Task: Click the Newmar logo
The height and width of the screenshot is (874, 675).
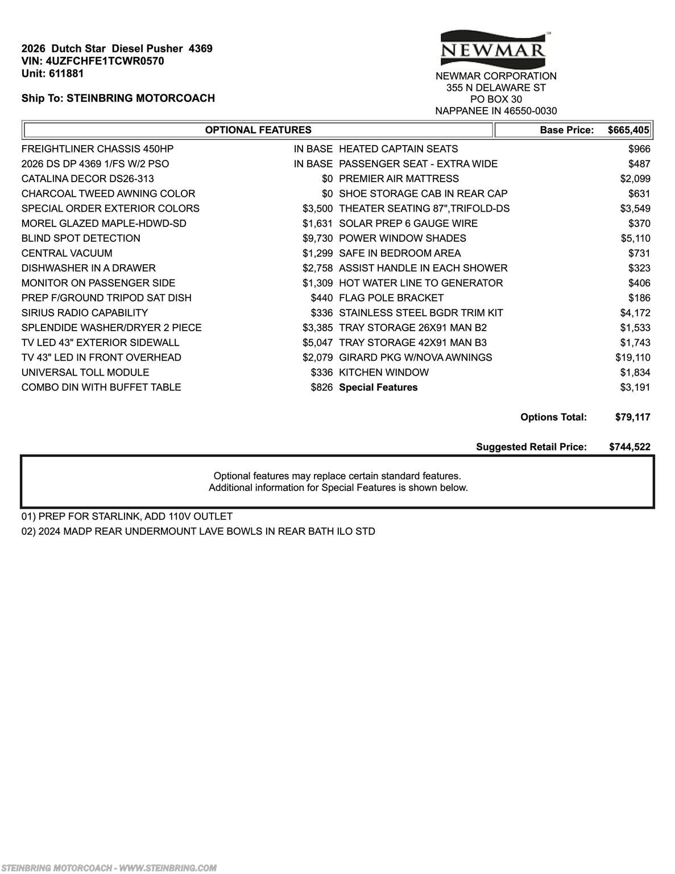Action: pos(493,48)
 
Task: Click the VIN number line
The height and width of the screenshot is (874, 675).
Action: pos(93,61)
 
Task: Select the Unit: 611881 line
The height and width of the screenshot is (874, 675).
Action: pos(52,73)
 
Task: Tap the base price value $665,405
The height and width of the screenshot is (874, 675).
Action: pos(628,130)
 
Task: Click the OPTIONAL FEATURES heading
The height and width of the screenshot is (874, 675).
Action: pos(258,130)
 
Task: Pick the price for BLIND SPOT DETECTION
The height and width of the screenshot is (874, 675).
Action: pos(317,238)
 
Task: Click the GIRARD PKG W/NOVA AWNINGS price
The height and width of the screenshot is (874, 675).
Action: pos(632,357)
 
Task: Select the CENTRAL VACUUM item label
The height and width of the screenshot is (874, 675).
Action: pos(67,253)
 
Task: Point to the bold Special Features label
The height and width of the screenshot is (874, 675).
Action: pos(378,387)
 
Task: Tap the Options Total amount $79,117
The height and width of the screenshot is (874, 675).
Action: pos(632,417)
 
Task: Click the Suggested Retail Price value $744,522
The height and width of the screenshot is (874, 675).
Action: pos(630,447)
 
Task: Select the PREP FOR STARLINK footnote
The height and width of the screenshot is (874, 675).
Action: pos(127,517)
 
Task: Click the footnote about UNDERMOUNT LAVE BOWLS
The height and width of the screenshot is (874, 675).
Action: pos(198,531)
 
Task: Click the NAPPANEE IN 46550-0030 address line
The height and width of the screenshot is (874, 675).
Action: pos(496,111)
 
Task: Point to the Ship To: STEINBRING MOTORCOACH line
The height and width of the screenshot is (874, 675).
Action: pos(118,98)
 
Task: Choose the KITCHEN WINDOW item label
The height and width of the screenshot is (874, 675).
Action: pos(384,373)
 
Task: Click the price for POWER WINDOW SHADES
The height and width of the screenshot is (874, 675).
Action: pos(635,238)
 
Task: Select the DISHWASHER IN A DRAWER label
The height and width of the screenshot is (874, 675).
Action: pos(88,268)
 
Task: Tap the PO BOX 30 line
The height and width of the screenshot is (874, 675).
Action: pos(496,99)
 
